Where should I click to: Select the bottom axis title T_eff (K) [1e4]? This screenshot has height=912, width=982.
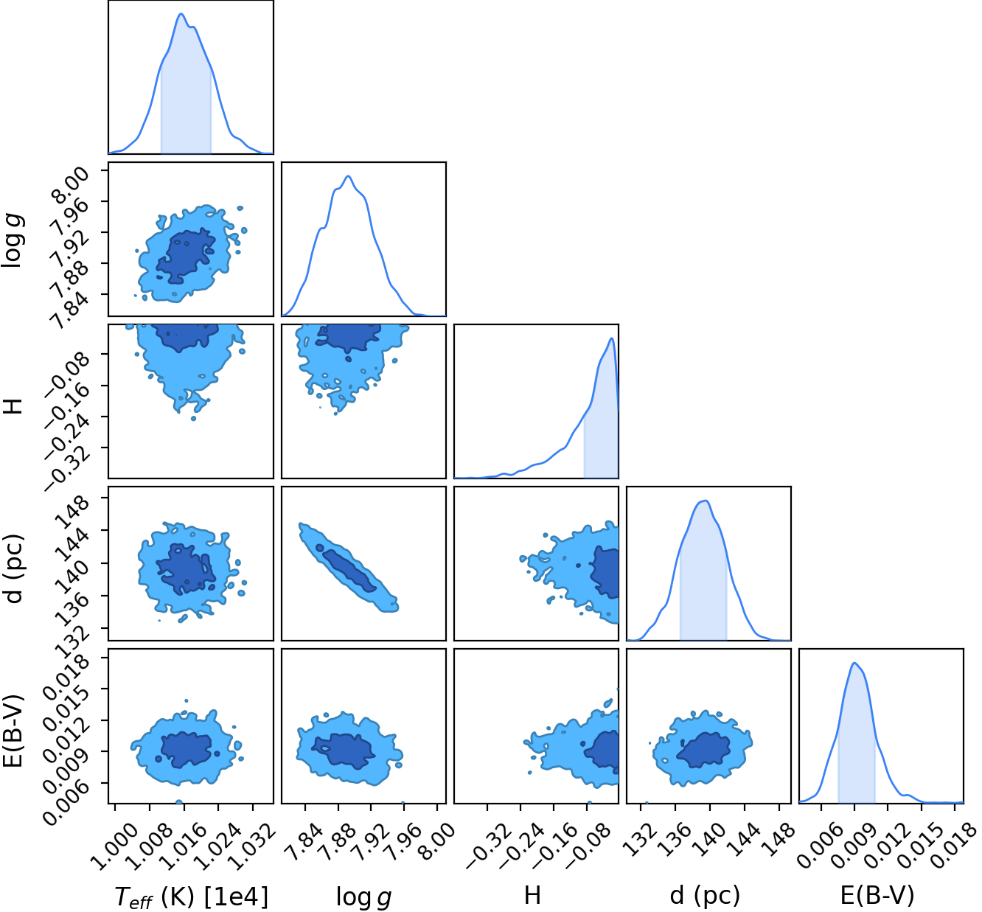click(x=191, y=897)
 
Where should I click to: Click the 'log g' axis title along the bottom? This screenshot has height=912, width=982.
click(x=363, y=897)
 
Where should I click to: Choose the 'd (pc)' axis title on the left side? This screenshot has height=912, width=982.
click(x=14, y=568)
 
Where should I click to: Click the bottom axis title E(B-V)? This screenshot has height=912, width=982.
click(x=877, y=895)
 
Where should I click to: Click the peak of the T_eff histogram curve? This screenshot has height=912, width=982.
click(x=181, y=14)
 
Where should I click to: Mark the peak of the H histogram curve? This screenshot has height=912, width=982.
click(x=612, y=338)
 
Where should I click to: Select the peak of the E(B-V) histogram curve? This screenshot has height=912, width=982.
click(x=854, y=663)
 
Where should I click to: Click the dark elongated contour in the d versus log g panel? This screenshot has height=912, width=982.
click(x=349, y=570)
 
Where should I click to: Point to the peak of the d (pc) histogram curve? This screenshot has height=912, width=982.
click(x=707, y=501)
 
